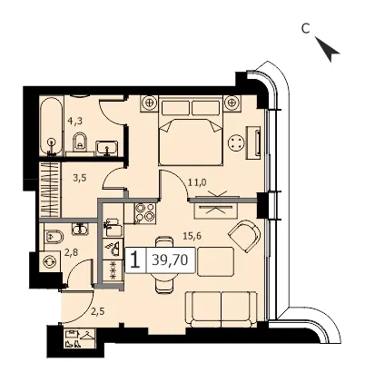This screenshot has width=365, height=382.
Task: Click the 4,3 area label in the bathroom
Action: (75, 122)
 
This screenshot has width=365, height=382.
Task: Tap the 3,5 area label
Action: (80, 178)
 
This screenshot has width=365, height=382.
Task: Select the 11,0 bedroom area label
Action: (197, 182)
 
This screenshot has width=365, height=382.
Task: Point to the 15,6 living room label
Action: (192, 236)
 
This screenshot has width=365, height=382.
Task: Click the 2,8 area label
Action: (72, 252)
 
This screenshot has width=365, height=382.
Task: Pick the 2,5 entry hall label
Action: (98, 311)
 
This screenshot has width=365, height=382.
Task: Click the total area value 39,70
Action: (170, 260)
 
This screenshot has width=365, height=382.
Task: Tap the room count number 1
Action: (135, 260)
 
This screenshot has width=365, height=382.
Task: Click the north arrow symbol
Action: (328, 49)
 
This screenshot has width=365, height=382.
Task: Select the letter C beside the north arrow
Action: (306, 28)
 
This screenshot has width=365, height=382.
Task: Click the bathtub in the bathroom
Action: (52, 125)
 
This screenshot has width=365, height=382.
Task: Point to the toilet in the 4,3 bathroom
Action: (80, 142)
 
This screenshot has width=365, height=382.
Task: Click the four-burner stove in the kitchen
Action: (145, 212)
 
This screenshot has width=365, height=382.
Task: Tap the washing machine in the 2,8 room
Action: (50, 261)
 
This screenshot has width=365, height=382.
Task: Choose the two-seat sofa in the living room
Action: (221, 309)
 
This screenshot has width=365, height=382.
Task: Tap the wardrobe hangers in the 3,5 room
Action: (50, 190)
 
